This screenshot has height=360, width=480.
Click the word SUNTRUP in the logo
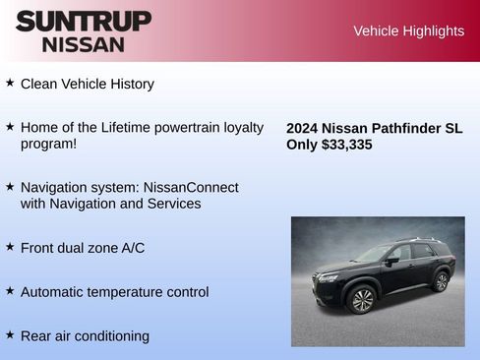click(x=84, y=21)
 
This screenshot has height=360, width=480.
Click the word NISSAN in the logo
click(x=84, y=44)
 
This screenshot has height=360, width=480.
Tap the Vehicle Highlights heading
click(x=408, y=31)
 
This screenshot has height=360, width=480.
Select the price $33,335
click(x=346, y=145)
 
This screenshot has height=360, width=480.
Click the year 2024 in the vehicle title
click(x=302, y=128)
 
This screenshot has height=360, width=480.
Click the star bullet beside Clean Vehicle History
click(x=10, y=84)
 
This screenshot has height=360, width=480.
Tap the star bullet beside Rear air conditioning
click(x=10, y=335)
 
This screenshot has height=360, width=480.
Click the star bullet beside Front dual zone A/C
click(x=10, y=247)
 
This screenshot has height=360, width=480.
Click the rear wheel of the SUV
click(x=441, y=282)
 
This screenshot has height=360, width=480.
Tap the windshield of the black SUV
click(x=373, y=255)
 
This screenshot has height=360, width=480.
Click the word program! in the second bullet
click(x=48, y=144)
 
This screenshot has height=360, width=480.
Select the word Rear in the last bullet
click(x=36, y=336)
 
